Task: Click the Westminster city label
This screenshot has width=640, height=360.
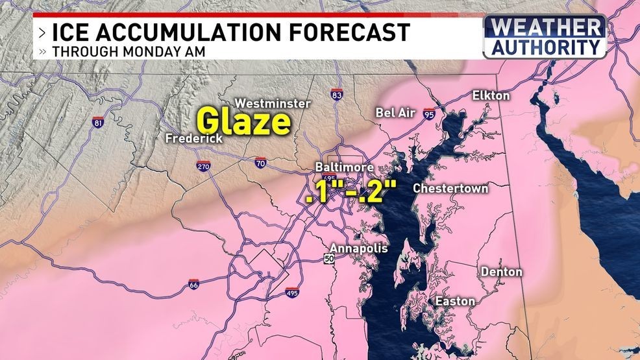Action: coord(273,103)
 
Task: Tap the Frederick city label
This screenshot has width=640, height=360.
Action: coord(193,139)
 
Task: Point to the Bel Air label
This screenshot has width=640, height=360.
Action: coord(395,113)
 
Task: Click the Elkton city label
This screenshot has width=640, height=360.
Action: coord(491,96)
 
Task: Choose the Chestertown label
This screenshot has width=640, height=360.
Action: coord(450,189)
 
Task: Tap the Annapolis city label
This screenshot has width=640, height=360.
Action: coord(358,248)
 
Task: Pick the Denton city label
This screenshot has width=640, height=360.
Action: coord(501,272)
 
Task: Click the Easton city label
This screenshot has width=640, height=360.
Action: coord(454,302)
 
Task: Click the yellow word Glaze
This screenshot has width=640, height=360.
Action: coord(243,122)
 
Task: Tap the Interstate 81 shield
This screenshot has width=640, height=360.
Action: coord(98,122)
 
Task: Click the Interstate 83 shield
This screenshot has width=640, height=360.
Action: coord(335,95)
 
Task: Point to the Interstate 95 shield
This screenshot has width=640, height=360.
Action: coord(429,114)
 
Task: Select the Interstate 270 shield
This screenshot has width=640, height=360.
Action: coord(203,166)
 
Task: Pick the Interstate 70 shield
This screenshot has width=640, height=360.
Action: coord(259,163)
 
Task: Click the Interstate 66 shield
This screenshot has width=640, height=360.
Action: coord(193,284)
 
